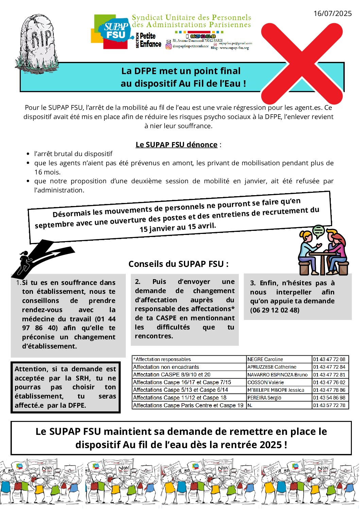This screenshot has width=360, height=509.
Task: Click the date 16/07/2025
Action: click(x=332, y=13)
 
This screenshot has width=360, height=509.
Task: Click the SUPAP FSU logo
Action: click(x=114, y=32)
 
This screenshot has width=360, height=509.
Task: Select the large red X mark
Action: click(x=302, y=63)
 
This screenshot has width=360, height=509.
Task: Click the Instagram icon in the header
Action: click(x=169, y=46)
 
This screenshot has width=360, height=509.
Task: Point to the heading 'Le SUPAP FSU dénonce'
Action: click(x=176, y=145)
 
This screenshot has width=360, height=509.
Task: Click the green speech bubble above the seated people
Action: click(x=319, y=231)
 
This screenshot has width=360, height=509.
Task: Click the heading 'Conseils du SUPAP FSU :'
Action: click(x=178, y=264)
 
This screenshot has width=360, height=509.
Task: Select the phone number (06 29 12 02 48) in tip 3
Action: click(x=275, y=310)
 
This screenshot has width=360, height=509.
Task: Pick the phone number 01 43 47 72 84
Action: click(x=329, y=367)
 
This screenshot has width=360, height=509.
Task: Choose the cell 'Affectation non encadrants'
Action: click(x=166, y=367)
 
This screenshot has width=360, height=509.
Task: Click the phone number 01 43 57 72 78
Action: click(x=329, y=405)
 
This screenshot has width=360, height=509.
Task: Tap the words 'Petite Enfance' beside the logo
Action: click(x=150, y=40)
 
